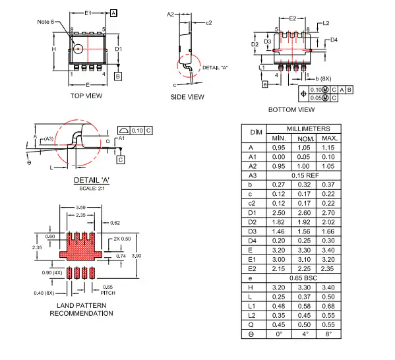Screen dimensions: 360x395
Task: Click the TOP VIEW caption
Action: click(86, 96)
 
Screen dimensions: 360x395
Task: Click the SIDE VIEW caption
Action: click(188, 97)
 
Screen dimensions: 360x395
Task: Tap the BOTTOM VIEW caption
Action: click(291, 109)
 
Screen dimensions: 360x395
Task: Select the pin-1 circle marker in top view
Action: click(78, 48)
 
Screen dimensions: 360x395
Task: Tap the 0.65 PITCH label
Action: click(108, 289)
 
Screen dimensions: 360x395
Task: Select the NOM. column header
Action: click(305, 138)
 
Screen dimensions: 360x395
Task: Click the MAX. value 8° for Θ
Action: click(329, 333)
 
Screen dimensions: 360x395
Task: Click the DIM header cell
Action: click(256, 133)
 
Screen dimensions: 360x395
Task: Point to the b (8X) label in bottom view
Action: click(324, 79)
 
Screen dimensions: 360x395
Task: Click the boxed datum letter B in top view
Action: click(118, 76)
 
